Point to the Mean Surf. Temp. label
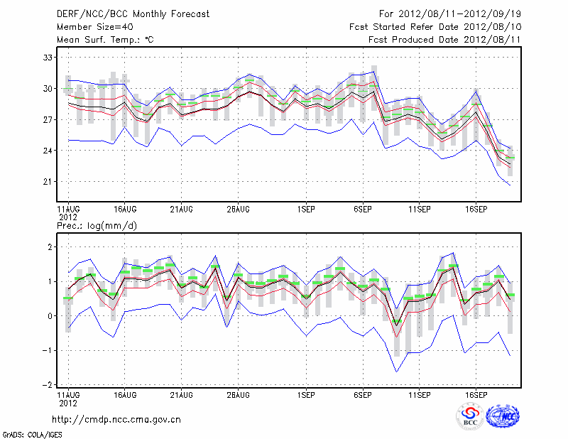point(104,40)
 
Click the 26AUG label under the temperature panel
point(239,210)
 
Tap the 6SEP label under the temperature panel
point(363,210)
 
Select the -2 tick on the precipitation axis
point(48,384)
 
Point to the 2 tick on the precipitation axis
point(50,247)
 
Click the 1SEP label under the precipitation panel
point(306,394)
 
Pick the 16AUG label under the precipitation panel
point(125,394)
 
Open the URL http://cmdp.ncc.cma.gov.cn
point(116,419)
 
